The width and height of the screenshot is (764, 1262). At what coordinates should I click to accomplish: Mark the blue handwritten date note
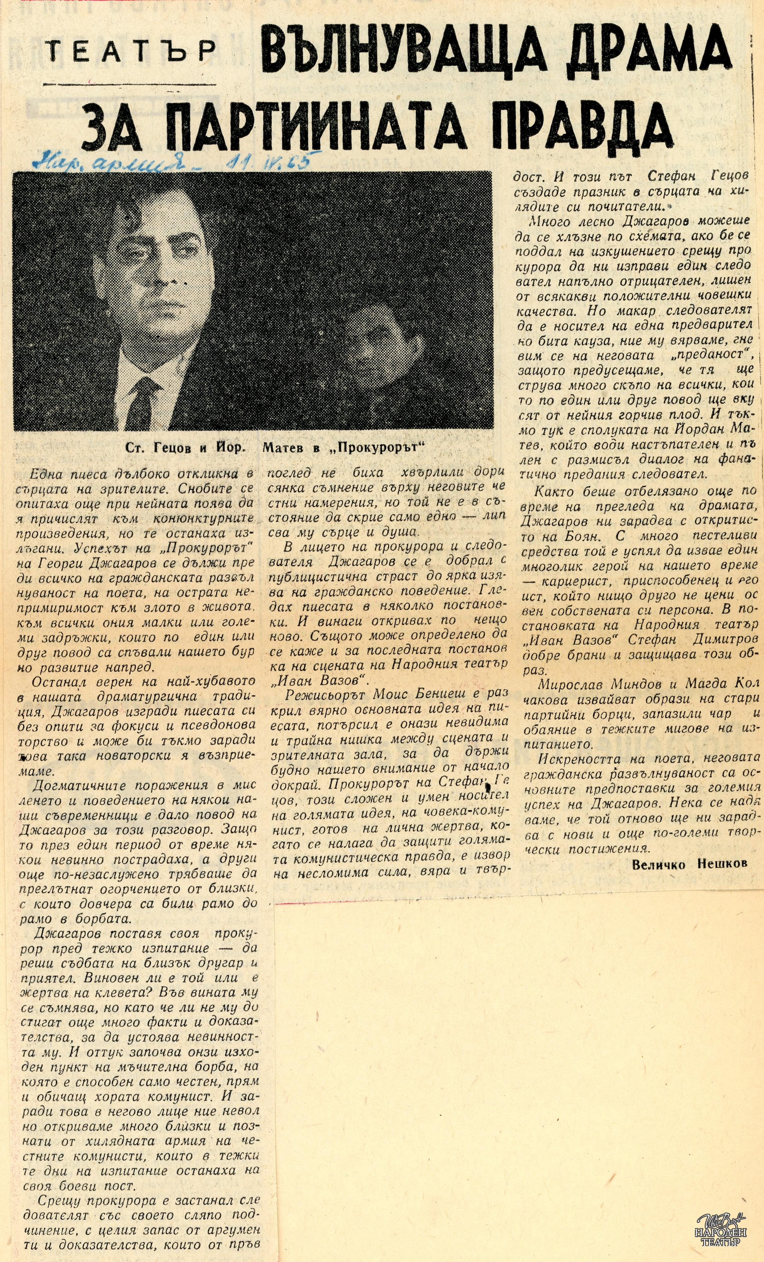coord(174,161)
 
